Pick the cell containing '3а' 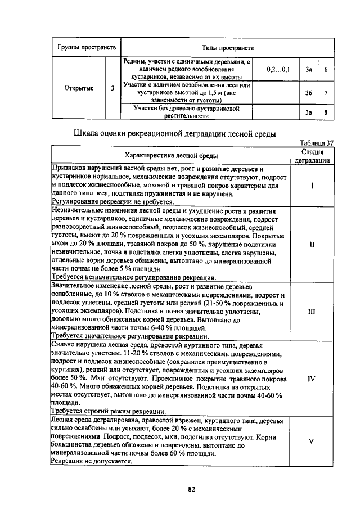coord(308,70)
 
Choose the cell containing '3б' coord(308,93)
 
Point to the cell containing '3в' coord(308,112)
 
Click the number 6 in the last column coord(326,70)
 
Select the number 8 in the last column coord(326,112)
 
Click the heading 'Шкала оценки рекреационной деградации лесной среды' coord(175,134)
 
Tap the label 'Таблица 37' coord(317,143)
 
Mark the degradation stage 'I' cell coord(311,184)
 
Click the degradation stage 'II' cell coord(311,245)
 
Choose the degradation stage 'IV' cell coord(311,379)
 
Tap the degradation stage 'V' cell coord(311,441)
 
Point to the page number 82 coord(191,489)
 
